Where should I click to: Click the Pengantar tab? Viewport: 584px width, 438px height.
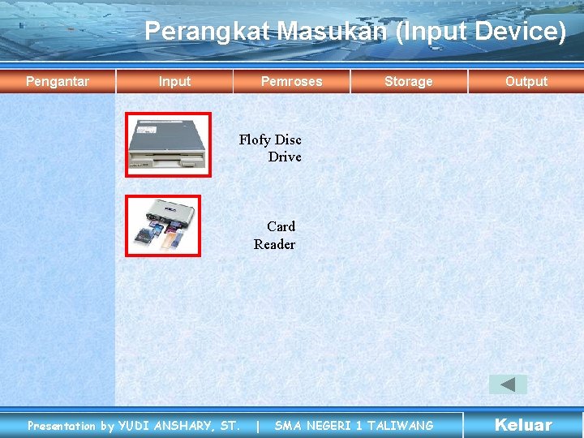(58, 81)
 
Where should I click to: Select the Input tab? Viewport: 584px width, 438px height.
(174, 81)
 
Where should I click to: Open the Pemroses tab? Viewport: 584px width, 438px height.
(291, 81)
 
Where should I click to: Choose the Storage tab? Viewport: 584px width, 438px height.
(408, 81)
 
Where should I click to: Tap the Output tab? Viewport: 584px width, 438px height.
(526, 81)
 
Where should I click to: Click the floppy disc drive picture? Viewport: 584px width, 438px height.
(168, 144)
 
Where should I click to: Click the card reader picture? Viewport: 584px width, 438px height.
(163, 225)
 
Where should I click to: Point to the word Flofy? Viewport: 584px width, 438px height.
(254, 140)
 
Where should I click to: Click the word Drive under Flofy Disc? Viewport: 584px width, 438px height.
(285, 157)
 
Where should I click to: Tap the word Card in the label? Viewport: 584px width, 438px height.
(281, 226)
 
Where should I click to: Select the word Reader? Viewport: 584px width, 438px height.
(274, 244)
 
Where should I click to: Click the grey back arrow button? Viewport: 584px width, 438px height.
(508, 384)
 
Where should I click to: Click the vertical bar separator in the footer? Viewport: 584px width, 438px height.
(258, 426)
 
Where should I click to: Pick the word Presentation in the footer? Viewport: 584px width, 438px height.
(62, 426)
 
